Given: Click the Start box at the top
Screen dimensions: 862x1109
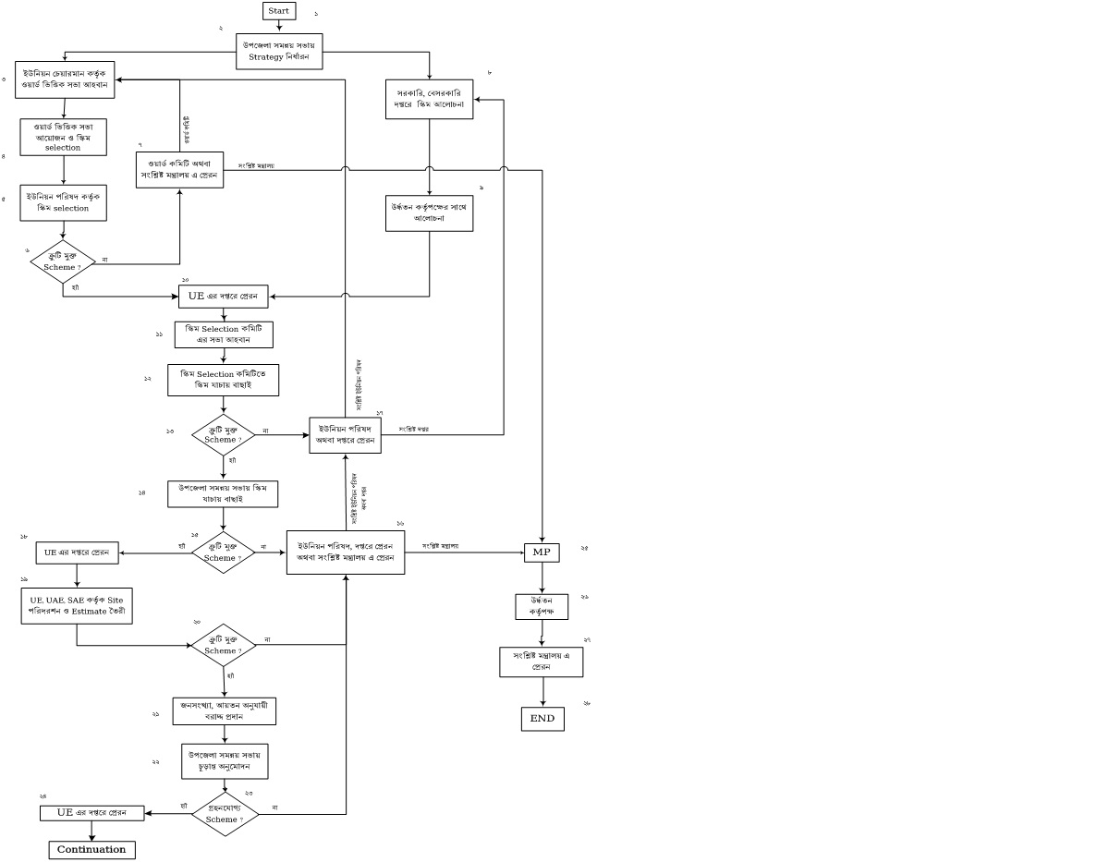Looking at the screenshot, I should pyautogui.click(x=279, y=11).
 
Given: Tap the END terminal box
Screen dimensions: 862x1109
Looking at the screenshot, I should pyautogui.click(x=542, y=718).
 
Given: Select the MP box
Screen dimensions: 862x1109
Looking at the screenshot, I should pyautogui.click(x=542, y=552).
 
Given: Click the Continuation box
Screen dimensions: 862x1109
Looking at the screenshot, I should pyautogui.click(x=91, y=849).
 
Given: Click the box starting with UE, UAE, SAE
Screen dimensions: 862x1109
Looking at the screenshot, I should pyautogui.click(x=77, y=606).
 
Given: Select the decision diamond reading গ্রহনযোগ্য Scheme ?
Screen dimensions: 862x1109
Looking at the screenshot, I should pyautogui.click(x=225, y=814).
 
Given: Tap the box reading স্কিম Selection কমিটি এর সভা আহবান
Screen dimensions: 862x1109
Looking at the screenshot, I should pyautogui.click(x=225, y=334).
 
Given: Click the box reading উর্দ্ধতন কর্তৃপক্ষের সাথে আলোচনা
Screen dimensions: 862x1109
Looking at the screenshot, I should pyautogui.click(x=430, y=212).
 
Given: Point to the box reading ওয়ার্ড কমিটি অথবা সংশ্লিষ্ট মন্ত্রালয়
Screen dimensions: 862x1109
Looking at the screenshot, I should pyautogui.click(x=179, y=169).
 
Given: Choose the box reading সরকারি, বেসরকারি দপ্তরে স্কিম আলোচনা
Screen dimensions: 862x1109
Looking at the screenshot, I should pyautogui.click(x=430, y=98).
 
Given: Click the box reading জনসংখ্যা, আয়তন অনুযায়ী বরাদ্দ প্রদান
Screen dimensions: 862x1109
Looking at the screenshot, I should pyautogui.click(x=225, y=710).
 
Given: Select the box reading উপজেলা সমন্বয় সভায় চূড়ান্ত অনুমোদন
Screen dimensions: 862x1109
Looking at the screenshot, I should pyautogui.click(x=225, y=760).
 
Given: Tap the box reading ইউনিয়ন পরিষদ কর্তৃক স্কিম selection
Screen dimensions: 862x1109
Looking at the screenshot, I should pyautogui.click(x=64, y=202).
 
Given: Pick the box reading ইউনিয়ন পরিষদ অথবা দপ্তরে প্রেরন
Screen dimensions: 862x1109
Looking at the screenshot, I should pyautogui.click(x=345, y=434).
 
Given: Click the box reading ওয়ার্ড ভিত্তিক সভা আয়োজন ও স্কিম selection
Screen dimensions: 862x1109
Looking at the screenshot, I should pyautogui.click(x=64, y=136).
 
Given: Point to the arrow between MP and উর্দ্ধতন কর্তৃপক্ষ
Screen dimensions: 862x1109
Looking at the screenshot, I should pyautogui.click(x=542, y=578).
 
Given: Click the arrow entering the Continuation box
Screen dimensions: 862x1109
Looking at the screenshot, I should pyautogui.click(x=91, y=831).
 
